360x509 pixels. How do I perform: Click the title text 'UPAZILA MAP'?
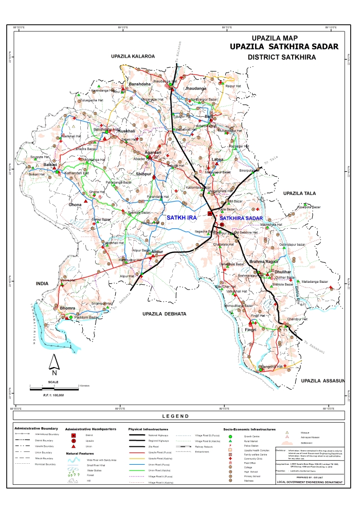[x=275, y=38]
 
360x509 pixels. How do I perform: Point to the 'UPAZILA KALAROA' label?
[x=133, y=55]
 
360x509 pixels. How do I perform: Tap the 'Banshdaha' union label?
[x=139, y=84]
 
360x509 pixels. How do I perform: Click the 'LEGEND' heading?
[x=175, y=416]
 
